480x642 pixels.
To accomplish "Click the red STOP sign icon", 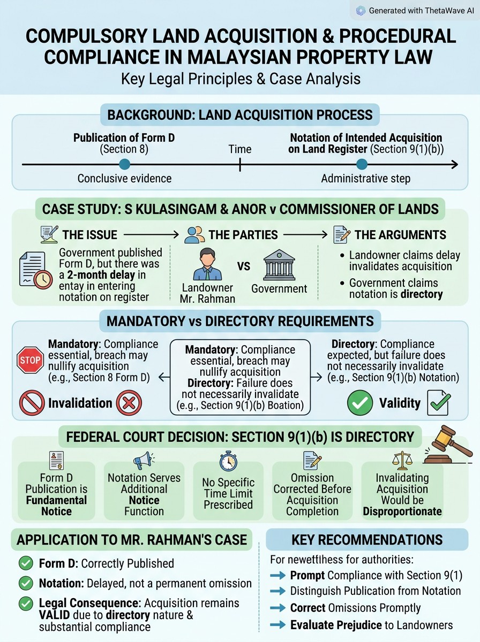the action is [30, 360].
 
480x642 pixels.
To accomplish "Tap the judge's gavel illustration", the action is [448, 445].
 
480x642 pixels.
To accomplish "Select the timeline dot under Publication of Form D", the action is [124, 164].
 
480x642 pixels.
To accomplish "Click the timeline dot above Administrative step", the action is [362, 164].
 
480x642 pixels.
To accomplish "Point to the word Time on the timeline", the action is [240, 149].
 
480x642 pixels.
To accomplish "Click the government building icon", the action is [279, 265].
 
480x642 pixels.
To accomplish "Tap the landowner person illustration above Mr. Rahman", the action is [207, 264].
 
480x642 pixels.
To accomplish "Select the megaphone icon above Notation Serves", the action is [144, 460].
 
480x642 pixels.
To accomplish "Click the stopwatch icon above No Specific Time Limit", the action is [228, 461].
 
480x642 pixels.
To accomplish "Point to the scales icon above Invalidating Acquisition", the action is [402, 460].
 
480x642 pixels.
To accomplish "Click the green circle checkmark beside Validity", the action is [360, 403].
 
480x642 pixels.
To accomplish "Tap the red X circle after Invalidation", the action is [129, 403].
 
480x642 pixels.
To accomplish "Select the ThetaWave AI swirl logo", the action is [361, 11].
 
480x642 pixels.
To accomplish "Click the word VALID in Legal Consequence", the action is [55, 615].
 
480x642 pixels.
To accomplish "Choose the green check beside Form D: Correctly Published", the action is [26, 563].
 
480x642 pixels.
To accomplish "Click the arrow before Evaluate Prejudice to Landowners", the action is [277, 625].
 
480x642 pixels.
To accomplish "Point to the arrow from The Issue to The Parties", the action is [151, 234].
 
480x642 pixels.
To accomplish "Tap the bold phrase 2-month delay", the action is [101, 275].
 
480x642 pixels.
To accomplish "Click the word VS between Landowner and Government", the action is [244, 266].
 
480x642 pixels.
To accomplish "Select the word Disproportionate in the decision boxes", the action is [402, 511].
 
